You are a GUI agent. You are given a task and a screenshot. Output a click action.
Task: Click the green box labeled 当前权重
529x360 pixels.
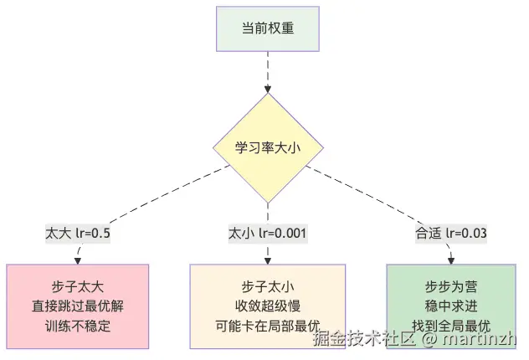pos(267,28)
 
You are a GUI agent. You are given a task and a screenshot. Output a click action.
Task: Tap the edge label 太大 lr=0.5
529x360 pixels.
pos(78,232)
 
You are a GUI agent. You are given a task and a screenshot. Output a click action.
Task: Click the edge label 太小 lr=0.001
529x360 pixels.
pos(267,232)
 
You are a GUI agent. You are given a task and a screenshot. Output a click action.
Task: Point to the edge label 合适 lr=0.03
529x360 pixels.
pos(451,232)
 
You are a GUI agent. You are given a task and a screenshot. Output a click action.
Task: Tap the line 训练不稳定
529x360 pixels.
pos(78,325)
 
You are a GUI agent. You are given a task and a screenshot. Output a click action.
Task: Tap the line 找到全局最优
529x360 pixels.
pos(451,325)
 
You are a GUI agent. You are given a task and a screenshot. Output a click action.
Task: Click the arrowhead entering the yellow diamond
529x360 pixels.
pos(267,88)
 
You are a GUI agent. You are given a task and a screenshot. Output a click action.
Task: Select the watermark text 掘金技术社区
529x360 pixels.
pos(364,340)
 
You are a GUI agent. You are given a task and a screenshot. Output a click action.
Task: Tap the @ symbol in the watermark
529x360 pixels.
pos(428,341)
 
